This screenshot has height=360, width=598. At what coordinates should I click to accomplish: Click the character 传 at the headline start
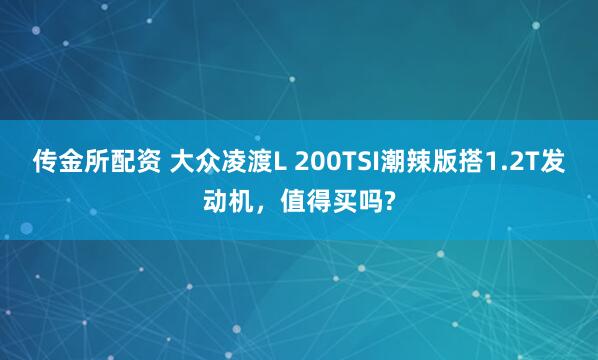pos(47,162)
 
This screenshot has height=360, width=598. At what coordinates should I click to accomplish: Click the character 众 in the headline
pos(208,162)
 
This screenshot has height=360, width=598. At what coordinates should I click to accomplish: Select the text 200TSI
pos(335,162)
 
